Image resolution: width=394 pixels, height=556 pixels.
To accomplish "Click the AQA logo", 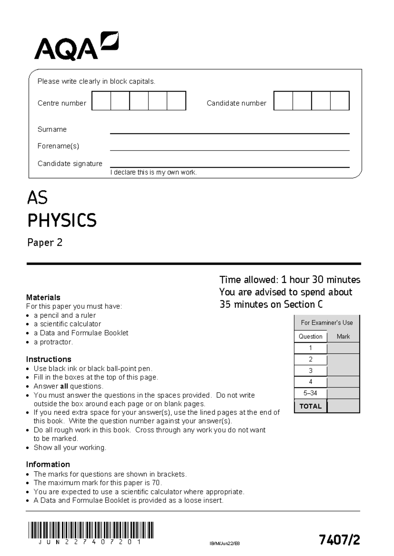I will point(76,46).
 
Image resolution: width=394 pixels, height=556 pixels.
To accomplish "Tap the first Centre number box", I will point(101,101).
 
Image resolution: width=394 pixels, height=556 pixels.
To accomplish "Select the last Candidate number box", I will point(340,101).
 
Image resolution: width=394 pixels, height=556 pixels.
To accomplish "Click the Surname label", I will point(52,129).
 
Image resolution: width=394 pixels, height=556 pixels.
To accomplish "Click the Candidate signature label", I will point(70,164).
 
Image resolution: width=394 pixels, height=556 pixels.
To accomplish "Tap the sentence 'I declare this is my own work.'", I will point(153,172).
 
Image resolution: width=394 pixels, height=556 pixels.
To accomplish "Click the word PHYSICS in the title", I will point(62,220).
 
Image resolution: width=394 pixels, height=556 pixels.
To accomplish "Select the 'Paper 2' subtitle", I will point(45,243).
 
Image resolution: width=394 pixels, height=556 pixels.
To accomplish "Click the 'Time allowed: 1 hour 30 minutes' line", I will point(290,280).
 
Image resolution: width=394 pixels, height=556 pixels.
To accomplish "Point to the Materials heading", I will point(43,297).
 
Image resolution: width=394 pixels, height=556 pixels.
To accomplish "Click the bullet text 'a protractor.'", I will point(53,342).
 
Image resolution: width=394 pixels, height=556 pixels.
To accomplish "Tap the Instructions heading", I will point(49,359).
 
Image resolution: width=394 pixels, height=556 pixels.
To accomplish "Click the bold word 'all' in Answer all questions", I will point(64,386).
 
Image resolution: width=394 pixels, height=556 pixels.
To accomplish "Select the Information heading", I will point(48,465).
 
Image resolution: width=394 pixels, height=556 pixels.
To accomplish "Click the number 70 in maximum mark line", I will point(156,483).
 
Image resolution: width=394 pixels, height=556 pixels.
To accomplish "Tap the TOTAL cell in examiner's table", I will point(310,406).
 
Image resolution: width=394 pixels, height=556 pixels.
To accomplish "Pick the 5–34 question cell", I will point(310,393).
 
